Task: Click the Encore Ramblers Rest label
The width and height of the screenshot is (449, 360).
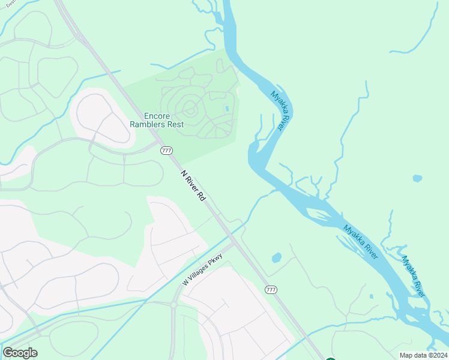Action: coord(157,120)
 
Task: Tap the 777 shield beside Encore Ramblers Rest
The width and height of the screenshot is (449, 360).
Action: coord(167,151)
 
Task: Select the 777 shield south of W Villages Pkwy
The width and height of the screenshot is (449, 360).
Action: coord(271,290)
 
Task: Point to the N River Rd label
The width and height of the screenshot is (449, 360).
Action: coord(194,185)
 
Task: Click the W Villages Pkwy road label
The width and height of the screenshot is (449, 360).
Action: coord(203,269)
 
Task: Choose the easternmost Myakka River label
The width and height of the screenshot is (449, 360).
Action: coord(414,276)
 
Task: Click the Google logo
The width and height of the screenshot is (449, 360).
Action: coord(20,353)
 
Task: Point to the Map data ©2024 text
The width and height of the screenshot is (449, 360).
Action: coord(423,355)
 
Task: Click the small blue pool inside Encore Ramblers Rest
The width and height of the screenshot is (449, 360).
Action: coord(226,109)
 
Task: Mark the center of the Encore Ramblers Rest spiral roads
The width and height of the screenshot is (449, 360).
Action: coord(190,109)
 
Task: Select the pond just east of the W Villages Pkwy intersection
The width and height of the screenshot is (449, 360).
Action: coord(276,258)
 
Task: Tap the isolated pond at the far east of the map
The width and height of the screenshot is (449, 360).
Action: coord(417,178)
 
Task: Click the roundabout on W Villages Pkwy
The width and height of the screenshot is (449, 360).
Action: coord(174,305)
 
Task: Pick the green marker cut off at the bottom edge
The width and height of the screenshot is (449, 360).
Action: coord(330,358)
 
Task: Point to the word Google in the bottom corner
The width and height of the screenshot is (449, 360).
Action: coord(20,353)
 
